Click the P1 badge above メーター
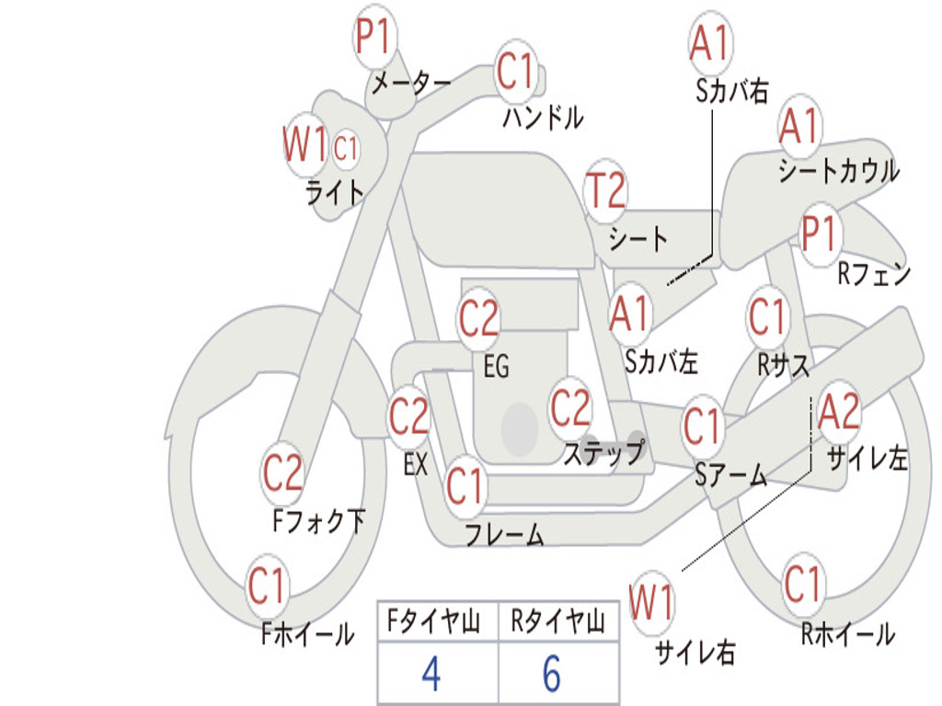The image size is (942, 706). (x=374, y=40)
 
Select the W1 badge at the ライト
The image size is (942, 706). (x=304, y=145)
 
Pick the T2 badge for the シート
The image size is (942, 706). (x=605, y=191)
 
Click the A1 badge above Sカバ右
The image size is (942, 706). (x=708, y=43)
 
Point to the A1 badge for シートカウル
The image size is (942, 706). (x=799, y=125)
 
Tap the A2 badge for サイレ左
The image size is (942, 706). (x=838, y=413)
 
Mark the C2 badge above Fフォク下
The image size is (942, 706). (x=282, y=473)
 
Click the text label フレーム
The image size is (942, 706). (x=504, y=534)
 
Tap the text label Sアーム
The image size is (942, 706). (x=730, y=475)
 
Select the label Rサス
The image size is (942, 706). (x=783, y=366)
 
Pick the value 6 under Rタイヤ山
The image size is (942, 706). (x=552, y=675)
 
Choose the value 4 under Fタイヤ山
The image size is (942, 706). (x=431, y=675)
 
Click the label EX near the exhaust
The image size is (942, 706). (x=416, y=465)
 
